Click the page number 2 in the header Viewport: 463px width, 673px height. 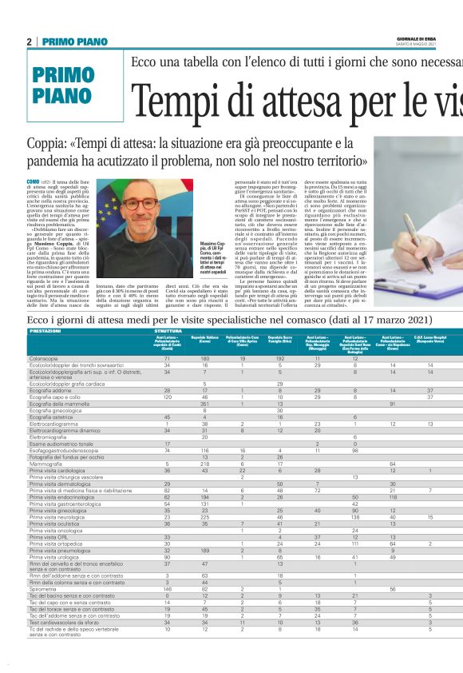pyautogui.click(x=29, y=42)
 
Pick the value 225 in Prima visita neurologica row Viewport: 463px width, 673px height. pyautogui.click(x=205, y=494)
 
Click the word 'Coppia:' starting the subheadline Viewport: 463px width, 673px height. pyautogui.click(x=49, y=145)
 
